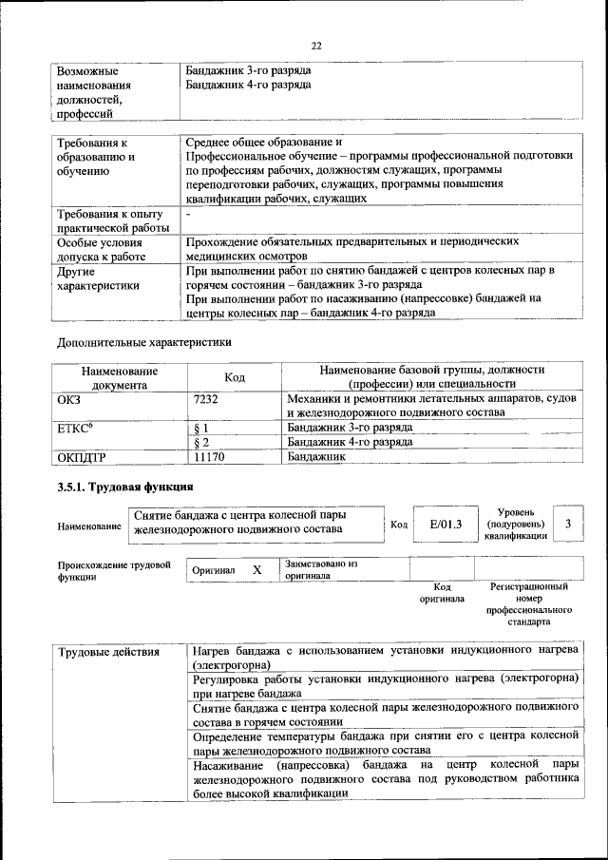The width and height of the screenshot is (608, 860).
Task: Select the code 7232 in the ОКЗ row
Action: (x=205, y=400)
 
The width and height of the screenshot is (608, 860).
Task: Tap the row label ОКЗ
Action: (x=72, y=400)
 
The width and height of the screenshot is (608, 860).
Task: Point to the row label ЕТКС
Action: (x=75, y=429)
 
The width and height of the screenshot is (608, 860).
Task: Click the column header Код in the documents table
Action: (x=234, y=378)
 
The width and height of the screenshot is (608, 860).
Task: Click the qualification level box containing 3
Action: (x=567, y=524)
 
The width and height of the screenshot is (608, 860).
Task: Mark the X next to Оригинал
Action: (x=256, y=570)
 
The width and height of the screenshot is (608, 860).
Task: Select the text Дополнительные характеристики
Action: (x=143, y=340)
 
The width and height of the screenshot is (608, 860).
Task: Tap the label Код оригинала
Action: (x=442, y=593)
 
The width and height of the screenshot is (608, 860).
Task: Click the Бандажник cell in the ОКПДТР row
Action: (x=316, y=457)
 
